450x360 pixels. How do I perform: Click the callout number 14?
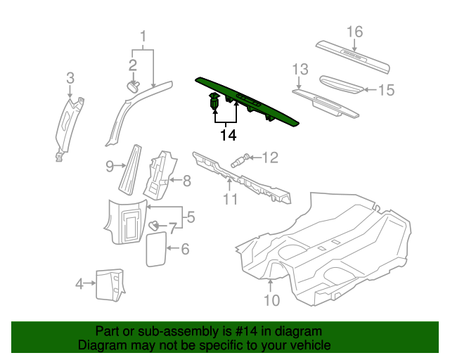[227, 134]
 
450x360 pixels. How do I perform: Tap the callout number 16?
[354, 31]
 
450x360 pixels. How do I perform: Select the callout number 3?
[70, 77]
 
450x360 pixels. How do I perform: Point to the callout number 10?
[271, 300]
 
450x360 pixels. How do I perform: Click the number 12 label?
[271, 157]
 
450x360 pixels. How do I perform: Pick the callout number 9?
[110, 167]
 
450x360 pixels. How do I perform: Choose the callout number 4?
[80, 284]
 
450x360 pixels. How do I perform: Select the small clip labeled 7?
[151, 224]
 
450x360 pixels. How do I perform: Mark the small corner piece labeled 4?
[109, 283]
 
